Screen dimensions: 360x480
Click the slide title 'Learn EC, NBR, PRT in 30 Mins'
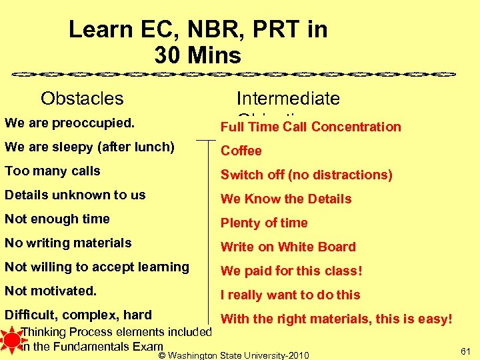coord(198,42)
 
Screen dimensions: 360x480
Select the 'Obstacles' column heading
coord(82,99)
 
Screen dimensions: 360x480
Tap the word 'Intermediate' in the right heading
coord(288,99)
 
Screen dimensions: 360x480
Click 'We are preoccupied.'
coord(69,123)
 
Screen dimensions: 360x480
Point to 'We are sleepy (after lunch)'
coord(89,147)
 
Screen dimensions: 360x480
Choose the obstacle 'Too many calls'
coord(52,171)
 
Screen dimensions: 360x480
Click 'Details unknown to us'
coord(75,195)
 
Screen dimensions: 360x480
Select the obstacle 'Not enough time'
coord(57,219)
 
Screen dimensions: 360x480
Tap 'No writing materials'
coord(68,243)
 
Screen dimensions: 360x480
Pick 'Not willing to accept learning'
coord(97,267)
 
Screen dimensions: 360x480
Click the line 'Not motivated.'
coord(51,291)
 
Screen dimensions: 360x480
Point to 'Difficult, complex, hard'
coord(78,315)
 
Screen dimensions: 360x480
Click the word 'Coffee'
coord(241,151)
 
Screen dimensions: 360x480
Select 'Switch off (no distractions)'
coord(306,175)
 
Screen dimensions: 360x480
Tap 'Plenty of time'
coord(264,223)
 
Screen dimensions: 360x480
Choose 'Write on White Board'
coord(288,247)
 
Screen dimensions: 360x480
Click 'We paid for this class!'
coord(291,271)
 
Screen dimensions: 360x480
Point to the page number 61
coord(465,351)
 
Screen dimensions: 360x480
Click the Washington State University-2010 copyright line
coord(234,355)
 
